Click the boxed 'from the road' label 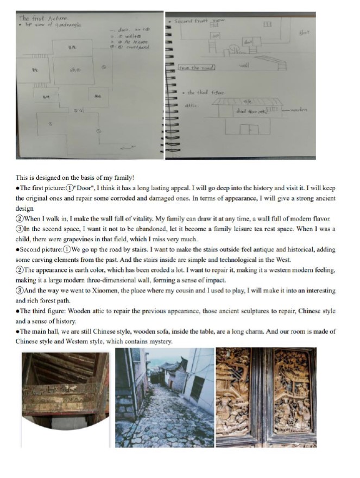click(196, 67)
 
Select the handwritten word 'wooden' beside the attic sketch click(299, 109)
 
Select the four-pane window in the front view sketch click(267, 24)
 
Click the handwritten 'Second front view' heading click(200, 21)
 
